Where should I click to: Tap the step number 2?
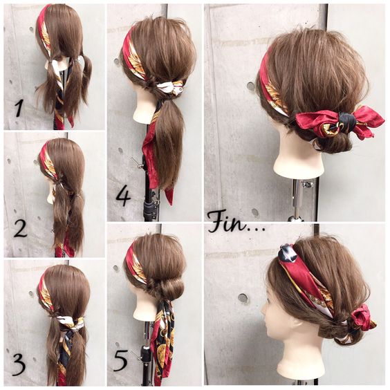pos(20,229)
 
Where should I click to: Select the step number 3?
pos(19,365)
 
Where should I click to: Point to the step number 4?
pos(123,197)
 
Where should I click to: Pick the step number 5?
pos(120,361)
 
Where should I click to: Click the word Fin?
pos(226,222)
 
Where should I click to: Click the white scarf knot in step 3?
pos(68,321)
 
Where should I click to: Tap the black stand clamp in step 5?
pos(145,353)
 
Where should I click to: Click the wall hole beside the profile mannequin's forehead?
pos(243,298)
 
